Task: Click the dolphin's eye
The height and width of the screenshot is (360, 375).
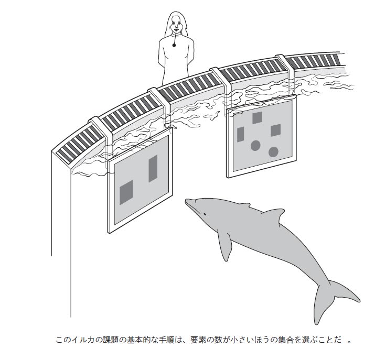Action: [205, 214]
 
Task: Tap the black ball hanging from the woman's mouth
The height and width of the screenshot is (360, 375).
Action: [174, 45]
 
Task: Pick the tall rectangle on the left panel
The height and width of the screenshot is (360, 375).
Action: [153, 169]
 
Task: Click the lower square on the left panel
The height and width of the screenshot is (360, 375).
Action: [126, 192]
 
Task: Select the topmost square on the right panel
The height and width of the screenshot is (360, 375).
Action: [257, 118]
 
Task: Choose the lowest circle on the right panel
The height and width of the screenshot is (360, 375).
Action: [273, 152]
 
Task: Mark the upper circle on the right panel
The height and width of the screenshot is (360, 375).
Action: [255, 146]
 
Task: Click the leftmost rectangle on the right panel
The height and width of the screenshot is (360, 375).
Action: [240, 135]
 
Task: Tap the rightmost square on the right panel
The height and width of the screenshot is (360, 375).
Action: [276, 130]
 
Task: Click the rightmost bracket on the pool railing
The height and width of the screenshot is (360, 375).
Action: [285, 65]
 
